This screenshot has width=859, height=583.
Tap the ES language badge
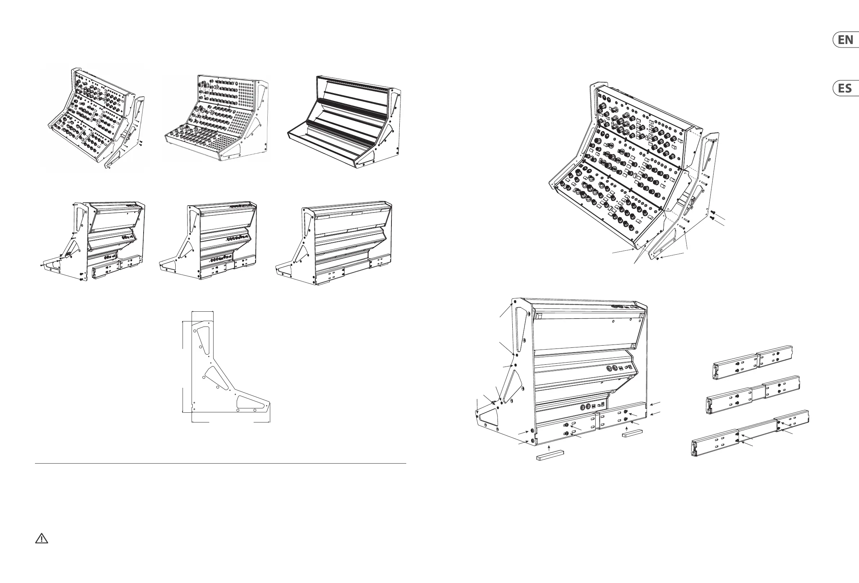click(846, 88)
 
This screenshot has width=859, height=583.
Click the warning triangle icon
click(41, 538)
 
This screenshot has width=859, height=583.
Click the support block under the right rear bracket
click(633, 433)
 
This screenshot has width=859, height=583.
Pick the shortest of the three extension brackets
click(753, 362)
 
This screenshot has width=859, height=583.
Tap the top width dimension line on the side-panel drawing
click(202, 311)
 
